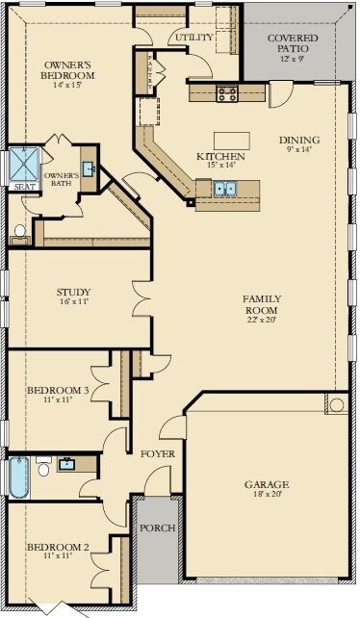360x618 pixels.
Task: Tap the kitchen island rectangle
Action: pos(232,141)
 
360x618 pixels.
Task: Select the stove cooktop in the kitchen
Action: pos(227,93)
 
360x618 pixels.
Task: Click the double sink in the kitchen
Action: pos(224,189)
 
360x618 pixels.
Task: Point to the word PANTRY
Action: pos(150,71)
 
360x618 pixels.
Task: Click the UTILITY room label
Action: pos(194,38)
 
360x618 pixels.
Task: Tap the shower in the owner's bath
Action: pos(24,164)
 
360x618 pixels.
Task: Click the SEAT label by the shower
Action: pos(24,187)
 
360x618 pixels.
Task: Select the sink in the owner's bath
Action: pos(88,169)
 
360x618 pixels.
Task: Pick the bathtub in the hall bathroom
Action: pos(19,477)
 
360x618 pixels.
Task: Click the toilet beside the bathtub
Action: pos(43,466)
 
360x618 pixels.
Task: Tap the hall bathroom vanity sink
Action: pos(68,464)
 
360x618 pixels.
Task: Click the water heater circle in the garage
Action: pos(337,404)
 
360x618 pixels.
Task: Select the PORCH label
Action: pos(158,528)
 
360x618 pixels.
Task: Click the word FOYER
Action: pos(158,454)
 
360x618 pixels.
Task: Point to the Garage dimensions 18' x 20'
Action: pos(267,494)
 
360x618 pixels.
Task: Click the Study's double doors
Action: pos(141,298)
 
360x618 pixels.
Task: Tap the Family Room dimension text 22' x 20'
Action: pos(262,320)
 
